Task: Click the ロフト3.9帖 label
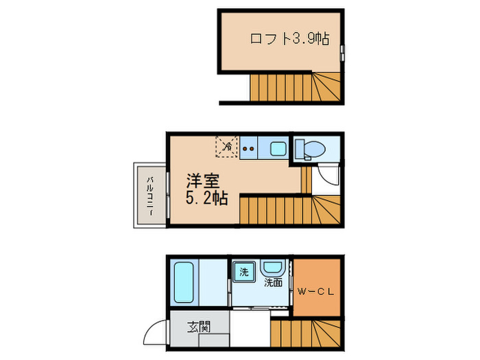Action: coord(288,38)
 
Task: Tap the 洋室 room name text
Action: coord(203,182)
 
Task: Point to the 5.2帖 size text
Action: coord(206,200)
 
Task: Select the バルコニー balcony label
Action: coord(149,196)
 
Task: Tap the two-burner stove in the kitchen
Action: coord(248,147)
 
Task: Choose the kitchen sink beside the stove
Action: coord(277,147)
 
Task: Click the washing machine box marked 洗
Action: coord(243,272)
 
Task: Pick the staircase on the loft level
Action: coord(295,86)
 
